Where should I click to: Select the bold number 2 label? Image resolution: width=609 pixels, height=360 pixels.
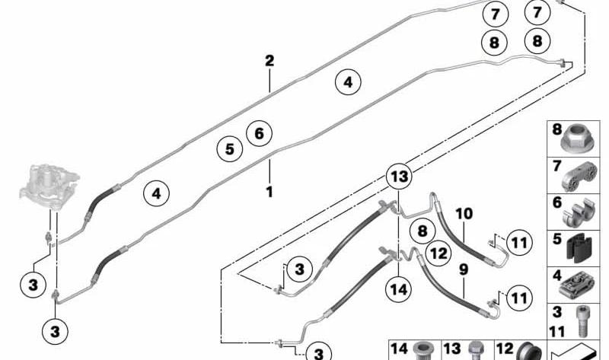click(269, 61)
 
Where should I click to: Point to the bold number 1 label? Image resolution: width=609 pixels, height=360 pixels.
click(269, 192)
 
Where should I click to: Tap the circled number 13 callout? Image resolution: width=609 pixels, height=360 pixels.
click(399, 177)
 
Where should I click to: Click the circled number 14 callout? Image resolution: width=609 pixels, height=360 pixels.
click(399, 289)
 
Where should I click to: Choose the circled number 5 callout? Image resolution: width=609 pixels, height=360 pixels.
click(230, 149)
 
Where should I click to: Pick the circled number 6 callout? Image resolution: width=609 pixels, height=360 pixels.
click(259, 133)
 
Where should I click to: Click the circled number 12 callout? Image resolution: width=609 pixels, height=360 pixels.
click(439, 253)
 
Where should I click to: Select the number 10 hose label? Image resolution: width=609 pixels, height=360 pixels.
click(464, 214)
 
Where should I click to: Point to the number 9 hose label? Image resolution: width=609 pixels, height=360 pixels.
click(464, 269)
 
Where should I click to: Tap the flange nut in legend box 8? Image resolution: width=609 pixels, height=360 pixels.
click(579, 139)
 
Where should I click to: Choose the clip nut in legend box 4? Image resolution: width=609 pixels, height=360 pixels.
click(578, 286)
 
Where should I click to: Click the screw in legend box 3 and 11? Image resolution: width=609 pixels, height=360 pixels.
click(581, 321)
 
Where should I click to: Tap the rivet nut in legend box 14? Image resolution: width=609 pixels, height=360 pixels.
click(422, 351)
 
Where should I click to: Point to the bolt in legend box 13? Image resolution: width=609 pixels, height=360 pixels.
click(475, 351)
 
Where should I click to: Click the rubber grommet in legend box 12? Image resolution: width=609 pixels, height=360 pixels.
click(530, 352)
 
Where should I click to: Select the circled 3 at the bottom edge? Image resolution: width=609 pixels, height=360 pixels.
click(318, 352)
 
